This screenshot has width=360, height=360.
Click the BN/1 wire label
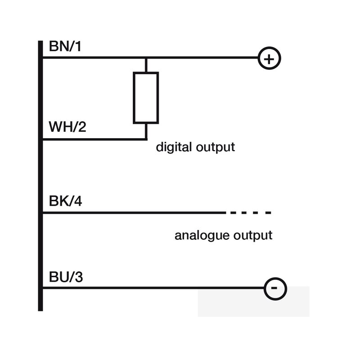(x=65, y=46)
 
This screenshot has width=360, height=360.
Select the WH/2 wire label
(x=67, y=126)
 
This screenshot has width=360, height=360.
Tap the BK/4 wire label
(x=65, y=201)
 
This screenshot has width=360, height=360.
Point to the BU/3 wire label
(x=66, y=277)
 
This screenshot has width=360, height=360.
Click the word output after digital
(x=216, y=148)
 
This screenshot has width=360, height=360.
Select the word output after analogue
(x=253, y=235)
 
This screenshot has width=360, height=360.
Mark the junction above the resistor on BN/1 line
(x=146, y=58)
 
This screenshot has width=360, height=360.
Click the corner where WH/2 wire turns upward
(x=146, y=139)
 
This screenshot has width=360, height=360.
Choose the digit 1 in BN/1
(x=78, y=46)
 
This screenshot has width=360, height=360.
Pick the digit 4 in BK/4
(x=78, y=201)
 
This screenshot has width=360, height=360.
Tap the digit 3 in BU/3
(x=79, y=277)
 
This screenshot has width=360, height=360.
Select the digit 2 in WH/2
(x=82, y=126)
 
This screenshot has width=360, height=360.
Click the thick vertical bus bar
(x=40, y=176)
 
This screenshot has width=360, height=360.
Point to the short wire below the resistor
(x=146, y=131)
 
